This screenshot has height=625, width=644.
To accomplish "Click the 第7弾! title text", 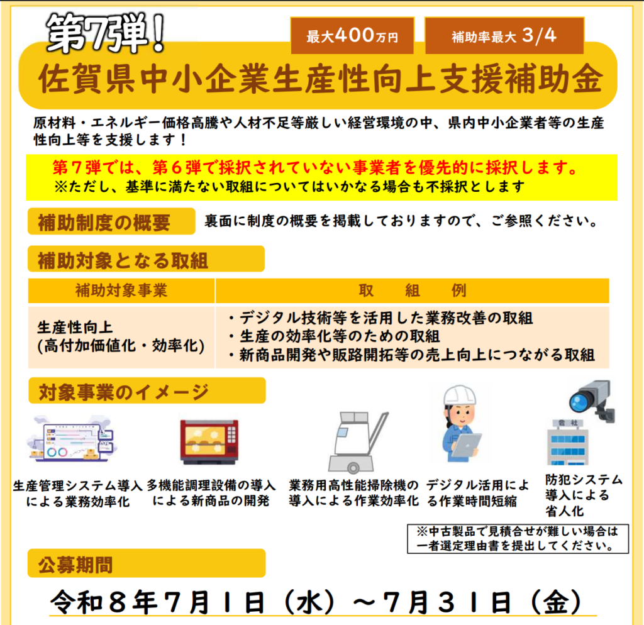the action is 106,34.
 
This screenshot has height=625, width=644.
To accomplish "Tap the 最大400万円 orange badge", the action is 352,36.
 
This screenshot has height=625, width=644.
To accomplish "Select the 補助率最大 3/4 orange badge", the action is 504,36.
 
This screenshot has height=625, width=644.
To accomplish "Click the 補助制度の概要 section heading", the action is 111,222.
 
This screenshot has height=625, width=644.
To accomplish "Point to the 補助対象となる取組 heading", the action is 146,259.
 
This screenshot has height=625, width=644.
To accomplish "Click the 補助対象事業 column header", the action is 121,290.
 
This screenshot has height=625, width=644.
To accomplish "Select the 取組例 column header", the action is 412,290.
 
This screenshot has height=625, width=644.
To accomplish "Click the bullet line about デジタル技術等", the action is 380,318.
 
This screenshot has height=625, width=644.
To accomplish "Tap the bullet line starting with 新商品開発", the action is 411,355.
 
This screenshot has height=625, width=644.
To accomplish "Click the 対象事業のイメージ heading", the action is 147,391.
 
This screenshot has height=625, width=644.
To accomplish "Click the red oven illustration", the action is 209,441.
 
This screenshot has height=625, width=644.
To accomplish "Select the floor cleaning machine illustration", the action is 357,441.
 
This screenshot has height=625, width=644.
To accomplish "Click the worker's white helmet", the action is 460,395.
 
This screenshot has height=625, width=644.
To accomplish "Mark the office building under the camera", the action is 568,442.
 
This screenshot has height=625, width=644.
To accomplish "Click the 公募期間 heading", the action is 147,563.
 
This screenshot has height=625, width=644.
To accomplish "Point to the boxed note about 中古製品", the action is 518,538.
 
